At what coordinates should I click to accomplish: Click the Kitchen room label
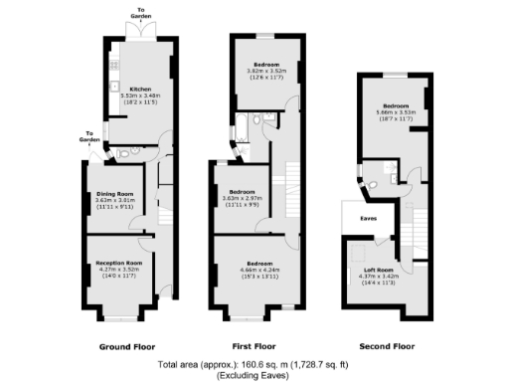pyautogui.click(x=134, y=87)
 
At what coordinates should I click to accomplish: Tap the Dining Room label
pyautogui.click(x=113, y=193)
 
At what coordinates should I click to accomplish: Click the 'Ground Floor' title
pyautogui.click(x=126, y=346)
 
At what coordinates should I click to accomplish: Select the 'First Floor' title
pyautogui.click(x=254, y=346)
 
